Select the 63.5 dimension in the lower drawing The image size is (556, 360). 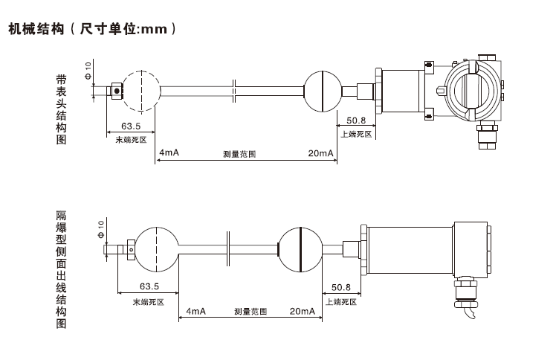tap(149, 287)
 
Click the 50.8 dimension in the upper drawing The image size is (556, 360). tap(356, 120)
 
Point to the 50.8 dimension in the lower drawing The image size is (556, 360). tap(340, 287)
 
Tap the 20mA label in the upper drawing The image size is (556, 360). tap(321, 153)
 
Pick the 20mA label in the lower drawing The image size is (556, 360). tap(302, 311)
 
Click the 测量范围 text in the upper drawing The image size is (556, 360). tap(239, 155)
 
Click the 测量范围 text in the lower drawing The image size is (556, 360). tap(250, 312)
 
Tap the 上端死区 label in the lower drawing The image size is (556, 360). tap(340, 301)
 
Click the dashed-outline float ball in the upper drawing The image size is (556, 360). tap(140, 90)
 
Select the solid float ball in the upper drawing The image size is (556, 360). tap(324, 90)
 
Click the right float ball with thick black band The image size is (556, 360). tap(299, 248)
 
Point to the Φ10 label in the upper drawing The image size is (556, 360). tap(88, 71)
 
